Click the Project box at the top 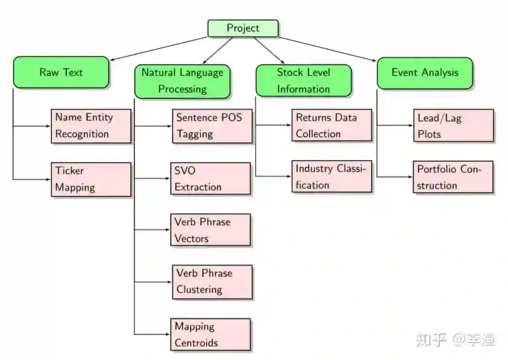(243, 28)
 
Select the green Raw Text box (61, 72)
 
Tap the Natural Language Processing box (182, 81)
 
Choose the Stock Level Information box (303, 80)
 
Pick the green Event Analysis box (425, 73)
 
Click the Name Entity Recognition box (91, 126)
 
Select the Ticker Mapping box (91, 179)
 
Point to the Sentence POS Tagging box (212, 126)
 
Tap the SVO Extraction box (210, 178)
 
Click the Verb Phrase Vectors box (210, 230)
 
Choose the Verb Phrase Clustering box (212, 281)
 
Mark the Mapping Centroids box (210, 335)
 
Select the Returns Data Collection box (332, 125)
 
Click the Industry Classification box (332, 176)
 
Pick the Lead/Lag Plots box (453, 125)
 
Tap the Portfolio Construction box (453, 177)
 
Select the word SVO (184, 170)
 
